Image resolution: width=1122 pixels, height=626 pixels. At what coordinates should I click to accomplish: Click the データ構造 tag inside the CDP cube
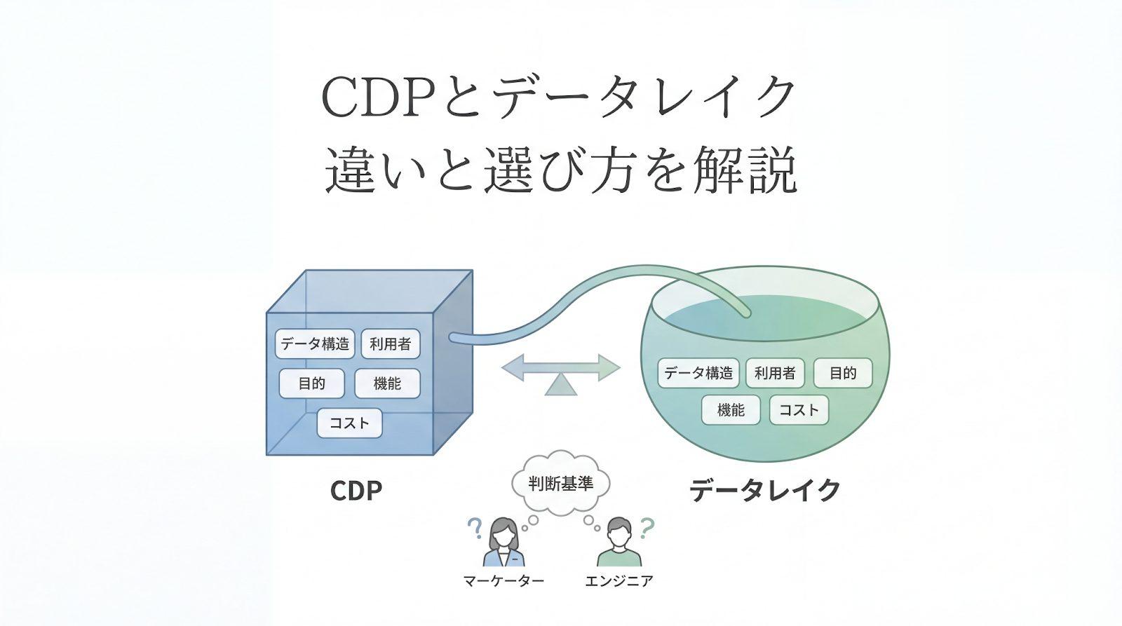315,343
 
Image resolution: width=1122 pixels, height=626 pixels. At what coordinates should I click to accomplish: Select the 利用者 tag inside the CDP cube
390,343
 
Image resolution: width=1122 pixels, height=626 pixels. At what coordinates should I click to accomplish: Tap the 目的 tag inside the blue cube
311,383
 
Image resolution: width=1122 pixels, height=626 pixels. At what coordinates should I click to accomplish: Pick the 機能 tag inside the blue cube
387,383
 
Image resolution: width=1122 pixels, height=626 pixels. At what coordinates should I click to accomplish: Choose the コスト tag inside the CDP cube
349,423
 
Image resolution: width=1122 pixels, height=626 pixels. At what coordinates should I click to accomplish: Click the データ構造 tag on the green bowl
698,373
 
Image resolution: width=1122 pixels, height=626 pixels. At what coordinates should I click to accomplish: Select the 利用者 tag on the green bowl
774,373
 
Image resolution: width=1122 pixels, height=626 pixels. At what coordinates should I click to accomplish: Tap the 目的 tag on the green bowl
842,373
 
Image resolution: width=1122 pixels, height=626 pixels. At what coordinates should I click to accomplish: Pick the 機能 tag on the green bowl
731,410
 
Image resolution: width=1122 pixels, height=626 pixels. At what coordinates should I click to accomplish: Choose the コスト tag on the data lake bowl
799,410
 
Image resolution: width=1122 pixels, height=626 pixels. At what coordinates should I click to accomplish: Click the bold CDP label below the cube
356,491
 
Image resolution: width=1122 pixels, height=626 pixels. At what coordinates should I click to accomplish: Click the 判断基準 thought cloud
560,484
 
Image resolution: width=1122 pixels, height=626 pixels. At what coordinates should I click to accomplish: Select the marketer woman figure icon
503,543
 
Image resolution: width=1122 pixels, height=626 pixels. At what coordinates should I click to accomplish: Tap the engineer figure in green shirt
619,543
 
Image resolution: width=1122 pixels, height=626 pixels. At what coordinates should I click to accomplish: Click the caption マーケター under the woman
503,581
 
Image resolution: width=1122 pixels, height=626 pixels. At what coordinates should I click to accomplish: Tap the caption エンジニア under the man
619,581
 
